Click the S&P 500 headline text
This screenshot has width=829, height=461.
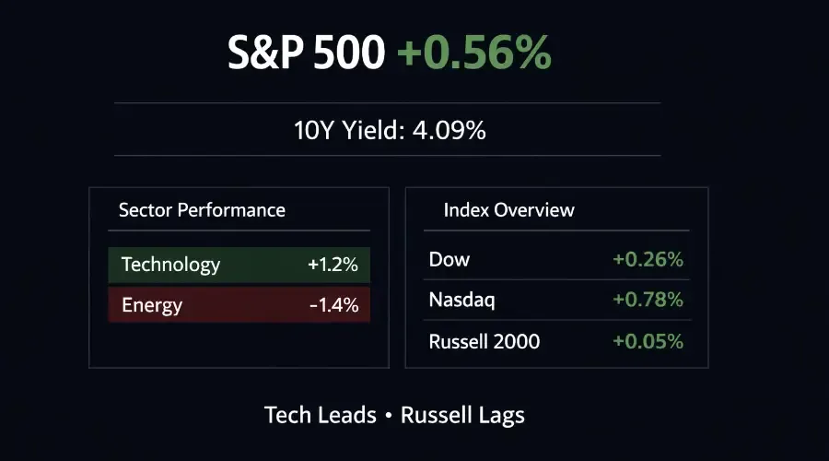point(307,54)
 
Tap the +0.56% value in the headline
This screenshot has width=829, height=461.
point(474,54)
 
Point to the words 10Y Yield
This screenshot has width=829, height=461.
point(345,130)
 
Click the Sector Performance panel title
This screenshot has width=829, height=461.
point(202,210)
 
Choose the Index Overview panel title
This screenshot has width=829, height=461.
point(508,210)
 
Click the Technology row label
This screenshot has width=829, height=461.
point(170,266)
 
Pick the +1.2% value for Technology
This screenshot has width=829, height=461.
point(333,266)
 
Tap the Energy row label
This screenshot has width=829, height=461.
point(152,304)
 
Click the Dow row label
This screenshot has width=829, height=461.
point(450,260)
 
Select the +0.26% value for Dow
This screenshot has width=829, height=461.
point(648,260)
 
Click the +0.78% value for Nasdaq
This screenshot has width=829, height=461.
point(648,301)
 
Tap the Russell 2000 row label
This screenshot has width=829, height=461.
point(485,342)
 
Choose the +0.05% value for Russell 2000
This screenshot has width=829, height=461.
point(648,342)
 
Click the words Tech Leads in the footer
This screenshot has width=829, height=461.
point(321,415)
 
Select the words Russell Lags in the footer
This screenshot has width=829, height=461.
point(462,415)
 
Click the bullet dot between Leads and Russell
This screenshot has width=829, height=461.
point(389,416)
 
